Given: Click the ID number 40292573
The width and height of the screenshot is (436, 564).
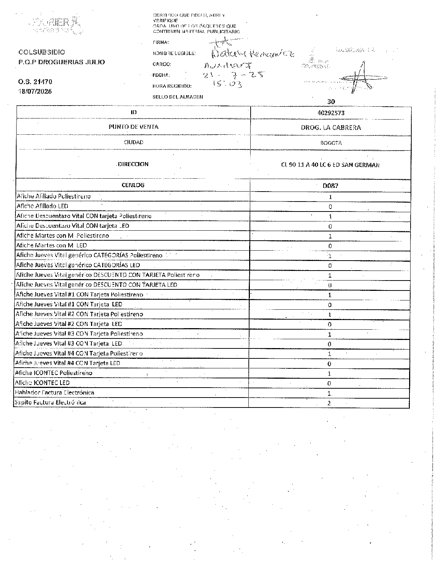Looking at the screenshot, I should pos(331,113).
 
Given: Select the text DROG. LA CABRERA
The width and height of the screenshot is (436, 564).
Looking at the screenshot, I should pos(331,128).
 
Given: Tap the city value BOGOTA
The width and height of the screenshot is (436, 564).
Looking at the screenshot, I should pos(331,143).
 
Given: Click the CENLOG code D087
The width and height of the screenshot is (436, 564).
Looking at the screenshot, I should pos(330,186).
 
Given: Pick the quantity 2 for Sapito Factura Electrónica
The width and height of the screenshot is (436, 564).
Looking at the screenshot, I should pos(329,403).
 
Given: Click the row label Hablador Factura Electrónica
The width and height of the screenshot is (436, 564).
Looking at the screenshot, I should pos(55,392).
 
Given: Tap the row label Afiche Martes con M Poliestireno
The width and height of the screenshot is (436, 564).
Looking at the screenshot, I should pos(63,235).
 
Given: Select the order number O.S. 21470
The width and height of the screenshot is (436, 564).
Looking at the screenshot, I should pos(35,82).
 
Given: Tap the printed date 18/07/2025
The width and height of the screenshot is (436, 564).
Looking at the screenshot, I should pos(35,91).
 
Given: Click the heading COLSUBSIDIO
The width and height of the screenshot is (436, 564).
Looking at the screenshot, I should pos(41,52).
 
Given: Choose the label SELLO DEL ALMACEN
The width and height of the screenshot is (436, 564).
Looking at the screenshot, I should pos(178,97).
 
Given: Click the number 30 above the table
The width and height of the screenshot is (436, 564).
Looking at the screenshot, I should pos(331,102).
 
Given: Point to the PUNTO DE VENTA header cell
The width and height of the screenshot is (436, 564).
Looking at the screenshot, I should pos(133,127).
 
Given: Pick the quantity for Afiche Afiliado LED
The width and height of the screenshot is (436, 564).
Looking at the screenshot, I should pos(330,207).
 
